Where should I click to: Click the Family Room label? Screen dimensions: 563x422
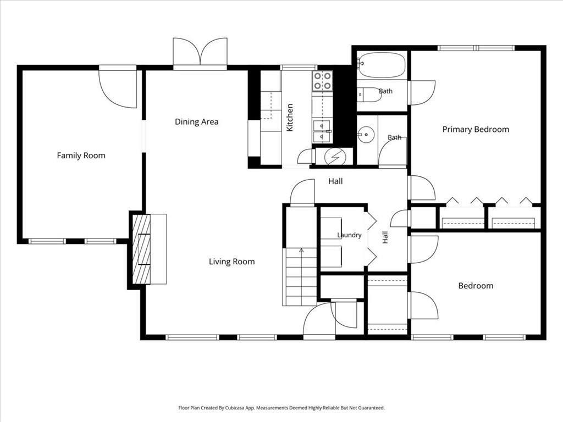click(81, 156)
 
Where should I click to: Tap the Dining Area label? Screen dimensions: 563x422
click(196, 121)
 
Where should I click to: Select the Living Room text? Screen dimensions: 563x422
click(231, 262)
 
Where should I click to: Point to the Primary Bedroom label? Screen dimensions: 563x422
click(476, 129)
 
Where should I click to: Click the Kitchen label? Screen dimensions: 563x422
click(290, 118)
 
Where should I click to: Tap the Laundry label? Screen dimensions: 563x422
click(349, 235)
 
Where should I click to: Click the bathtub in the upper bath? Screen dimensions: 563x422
click(382, 65)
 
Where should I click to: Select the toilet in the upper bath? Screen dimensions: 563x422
click(369, 95)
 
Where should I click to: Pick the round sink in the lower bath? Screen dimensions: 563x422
click(366, 135)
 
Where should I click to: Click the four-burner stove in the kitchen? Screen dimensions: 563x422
click(322, 81)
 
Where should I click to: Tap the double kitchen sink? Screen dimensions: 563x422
click(322, 131)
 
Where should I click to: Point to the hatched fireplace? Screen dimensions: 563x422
click(141, 249)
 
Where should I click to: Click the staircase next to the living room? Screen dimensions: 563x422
click(300, 277)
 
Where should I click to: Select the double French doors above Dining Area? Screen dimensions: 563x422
click(200, 52)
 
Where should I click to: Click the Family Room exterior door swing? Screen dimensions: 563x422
click(118, 88)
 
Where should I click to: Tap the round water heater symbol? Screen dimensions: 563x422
click(335, 157)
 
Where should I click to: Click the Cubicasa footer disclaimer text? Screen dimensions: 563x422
click(281, 408)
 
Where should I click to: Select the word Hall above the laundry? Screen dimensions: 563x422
click(335, 181)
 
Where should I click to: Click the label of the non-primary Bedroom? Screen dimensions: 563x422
click(476, 286)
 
